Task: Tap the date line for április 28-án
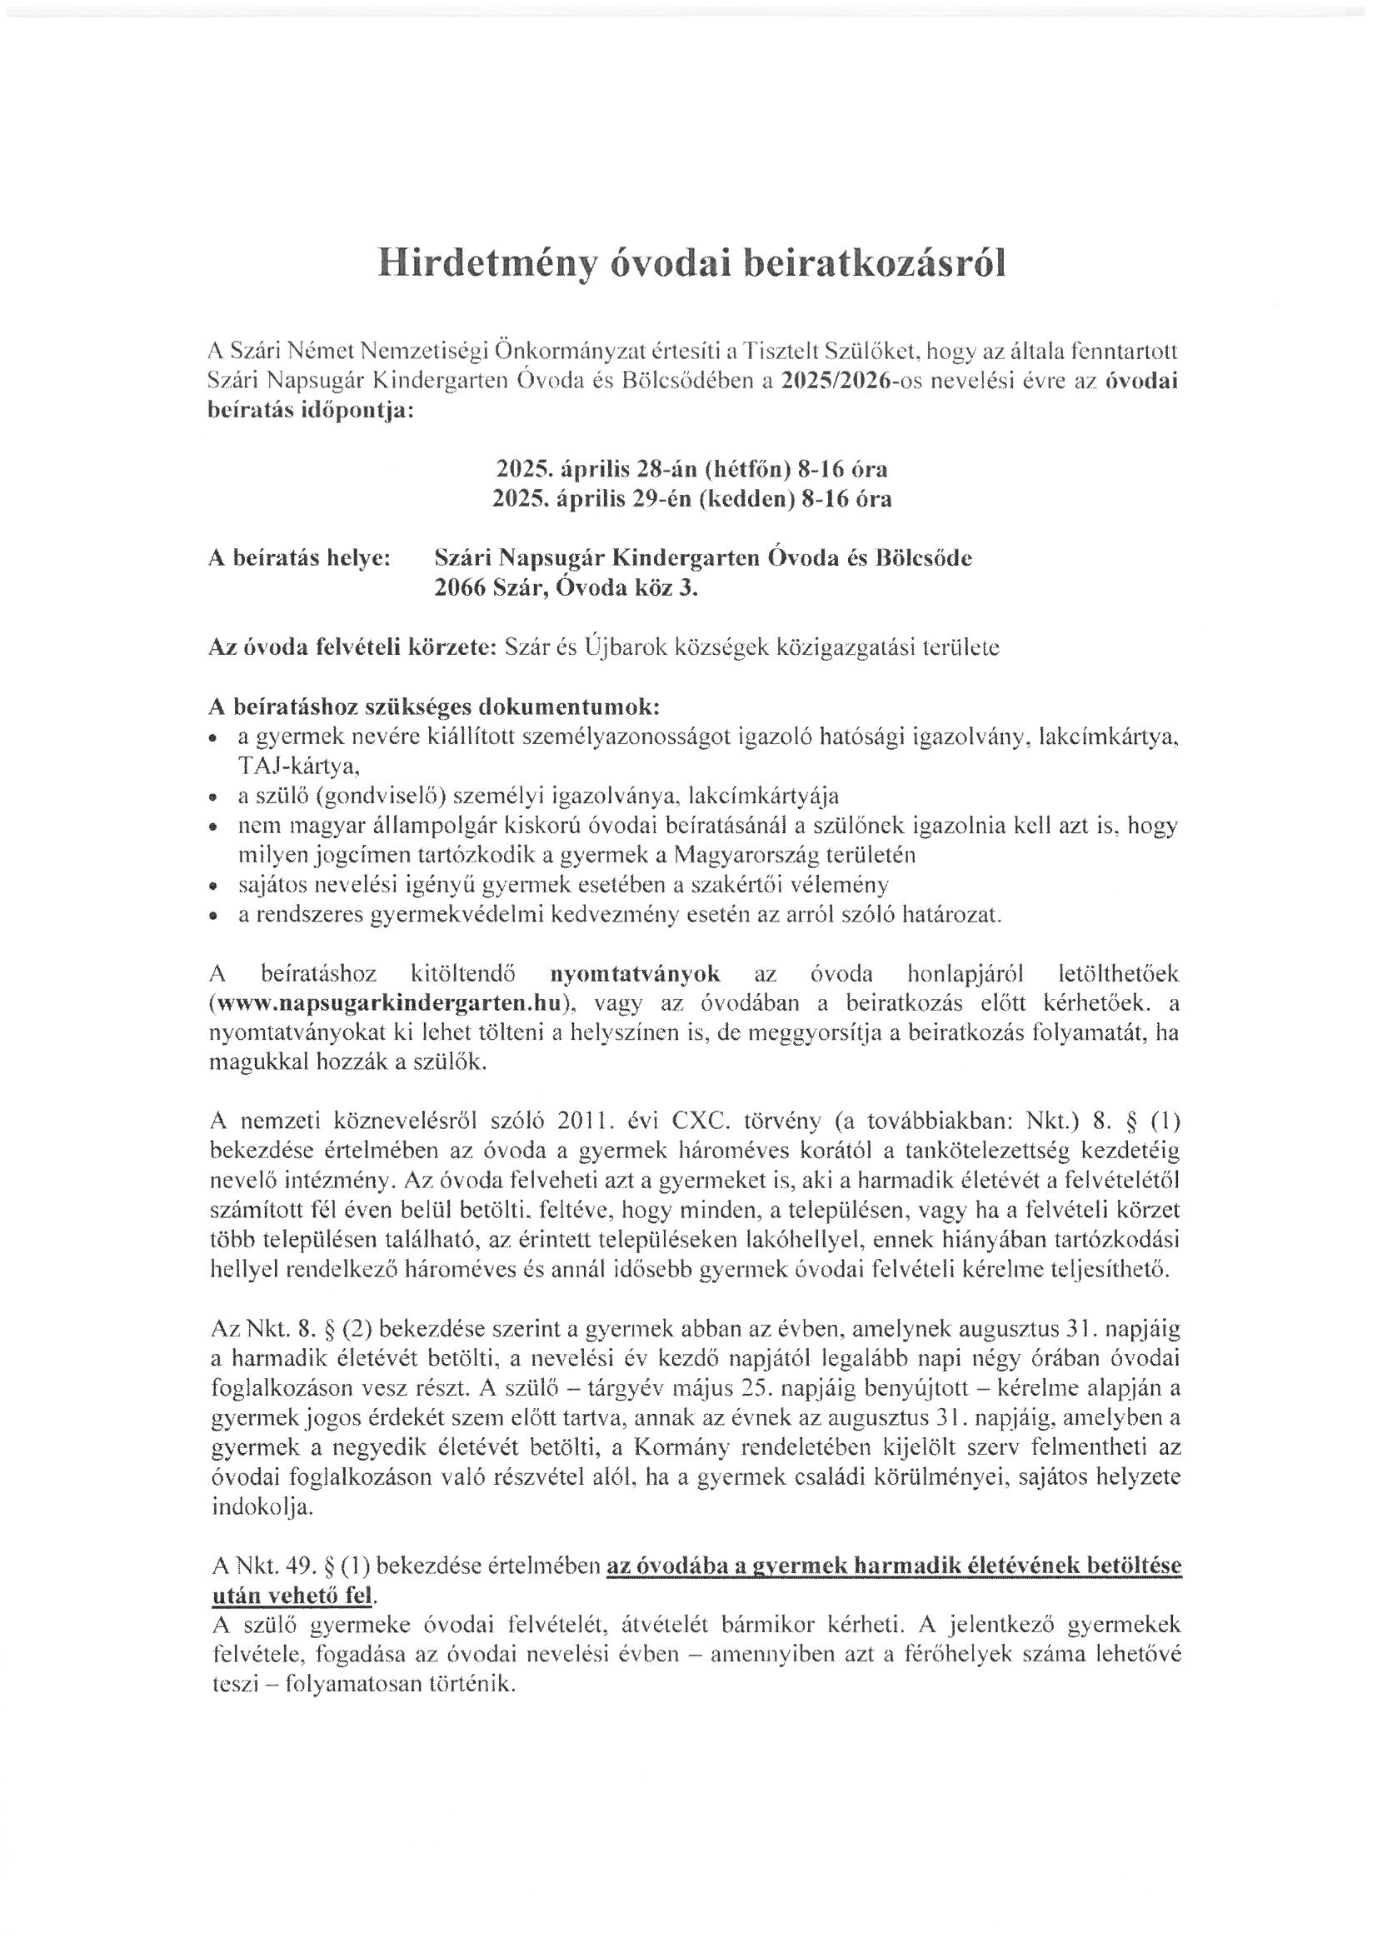tap(691, 468)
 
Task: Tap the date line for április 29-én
tap(691, 499)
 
